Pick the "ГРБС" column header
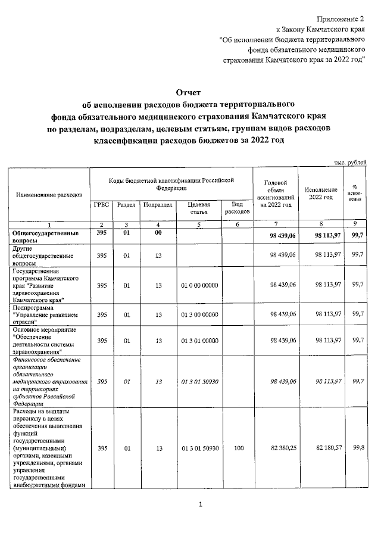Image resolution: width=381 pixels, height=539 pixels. click(x=101, y=205)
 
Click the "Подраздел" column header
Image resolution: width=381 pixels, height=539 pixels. click(x=158, y=205)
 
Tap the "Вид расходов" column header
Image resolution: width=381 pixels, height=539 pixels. click(x=236, y=208)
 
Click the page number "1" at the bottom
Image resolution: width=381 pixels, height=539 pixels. click(x=201, y=506)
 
